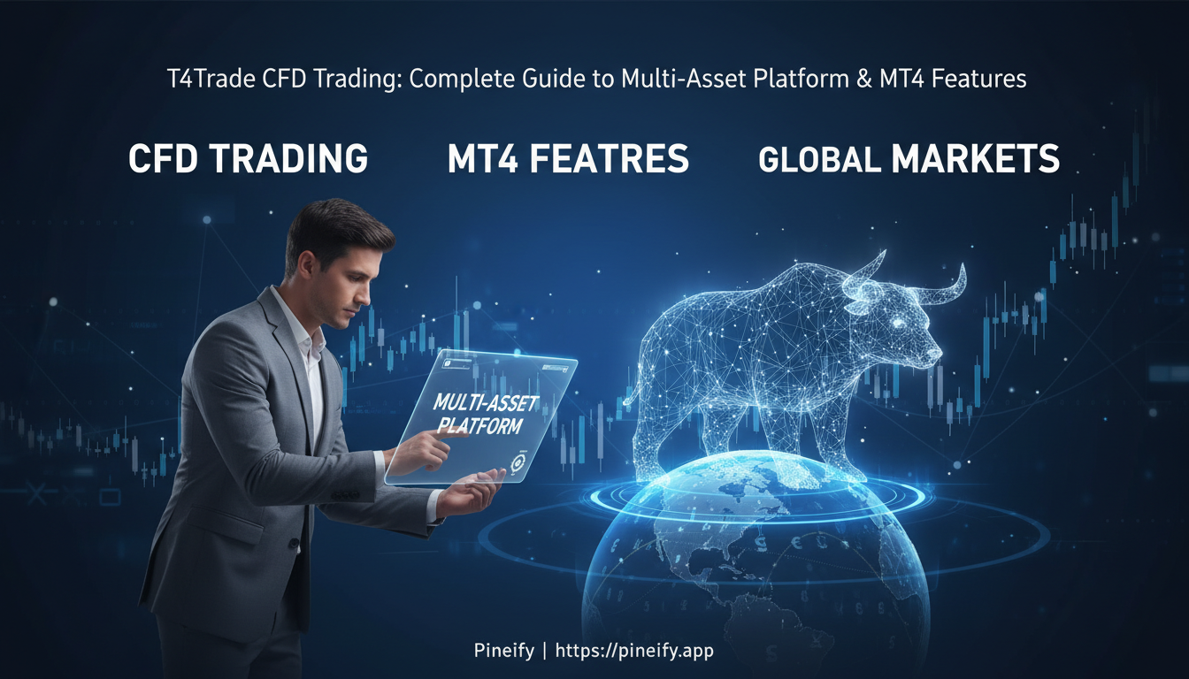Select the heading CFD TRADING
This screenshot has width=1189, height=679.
(x=248, y=159)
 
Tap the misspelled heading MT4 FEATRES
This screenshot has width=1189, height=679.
(x=568, y=159)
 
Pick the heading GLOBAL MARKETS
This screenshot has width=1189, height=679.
(x=909, y=159)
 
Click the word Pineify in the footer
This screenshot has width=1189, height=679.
(x=504, y=652)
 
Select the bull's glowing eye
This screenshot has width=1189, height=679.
(x=900, y=324)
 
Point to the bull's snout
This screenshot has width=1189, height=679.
(x=933, y=352)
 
